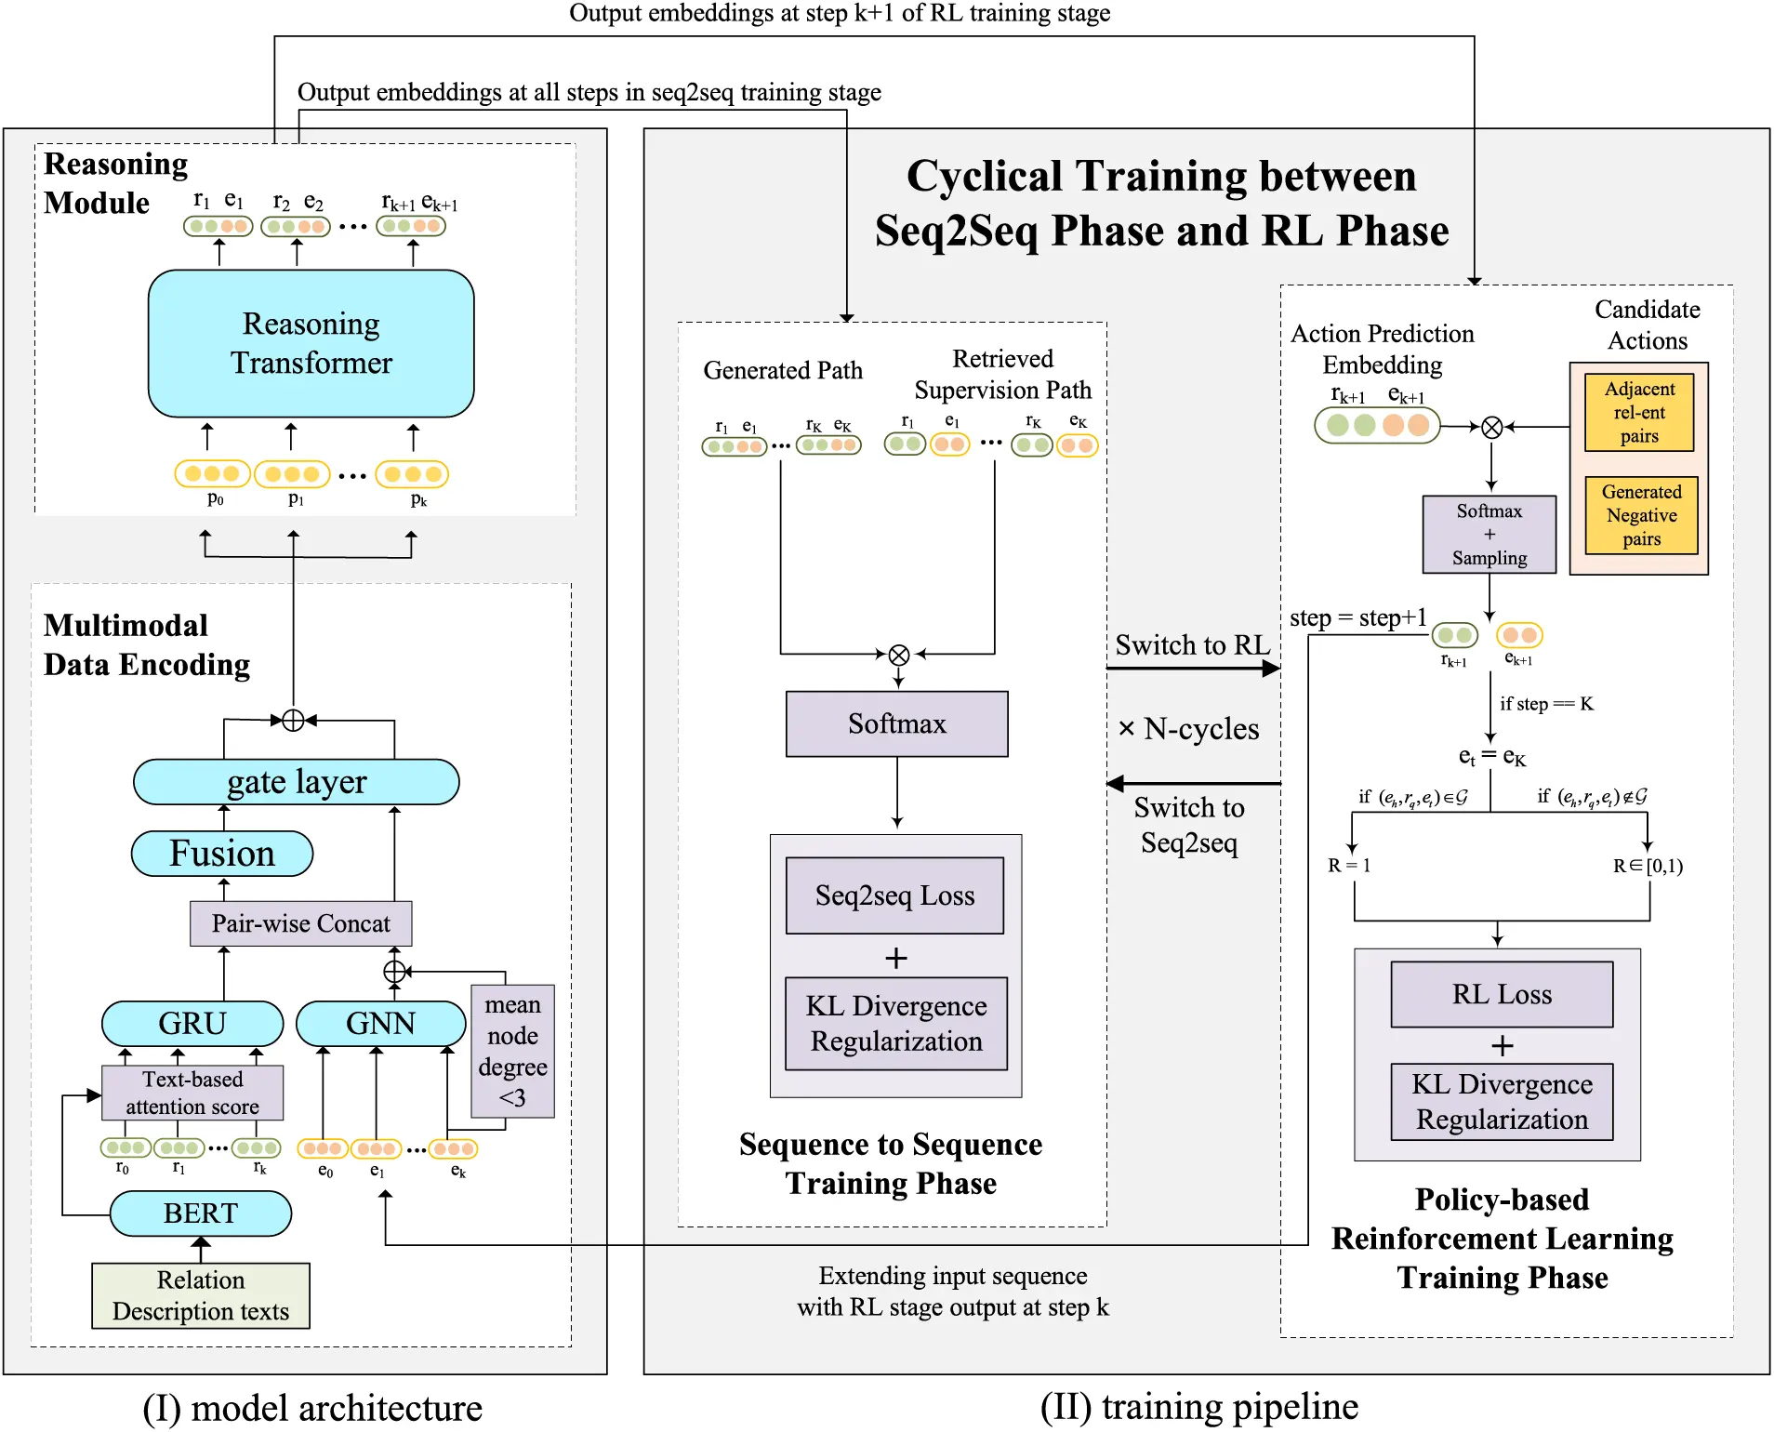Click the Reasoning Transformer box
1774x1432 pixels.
tap(311, 343)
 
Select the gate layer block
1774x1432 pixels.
tap(296, 782)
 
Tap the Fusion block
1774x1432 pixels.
tap(221, 854)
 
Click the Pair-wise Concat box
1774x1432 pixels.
tap(300, 923)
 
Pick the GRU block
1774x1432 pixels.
tap(192, 1023)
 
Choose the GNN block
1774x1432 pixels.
tap(380, 1023)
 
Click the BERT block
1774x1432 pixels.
tap(200, 1213)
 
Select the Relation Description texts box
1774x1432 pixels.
tap(200, 1295)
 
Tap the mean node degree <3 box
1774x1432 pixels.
tap(512, 1051)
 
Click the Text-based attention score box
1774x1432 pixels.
tap(192, 1093)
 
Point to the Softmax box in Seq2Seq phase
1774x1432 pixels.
tap(896, 723)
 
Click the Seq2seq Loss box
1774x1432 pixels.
tap(894, 895)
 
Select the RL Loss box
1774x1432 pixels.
tap(1501, 994)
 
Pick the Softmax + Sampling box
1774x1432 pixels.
tap(1489, 534)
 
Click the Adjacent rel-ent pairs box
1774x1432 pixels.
tap(1638, 412)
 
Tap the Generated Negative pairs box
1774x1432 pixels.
tap(1640, 515)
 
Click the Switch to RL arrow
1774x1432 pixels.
tap(1192, 668)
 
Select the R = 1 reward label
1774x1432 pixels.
tap(1348, 866)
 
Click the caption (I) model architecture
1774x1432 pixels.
tap(312, 1408)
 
